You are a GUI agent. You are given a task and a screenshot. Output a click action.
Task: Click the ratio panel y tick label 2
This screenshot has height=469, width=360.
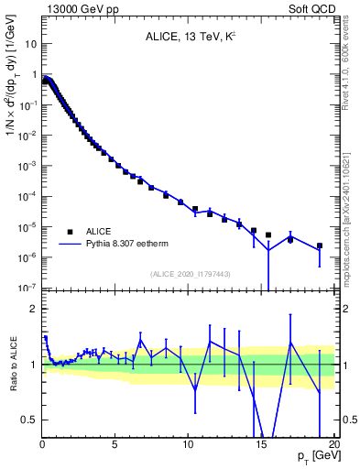[32, 309]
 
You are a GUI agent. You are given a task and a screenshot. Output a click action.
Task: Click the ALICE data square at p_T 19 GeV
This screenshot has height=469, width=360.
[320, 245]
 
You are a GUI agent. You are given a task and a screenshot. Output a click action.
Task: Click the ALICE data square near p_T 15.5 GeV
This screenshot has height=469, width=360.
[268, 234]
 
